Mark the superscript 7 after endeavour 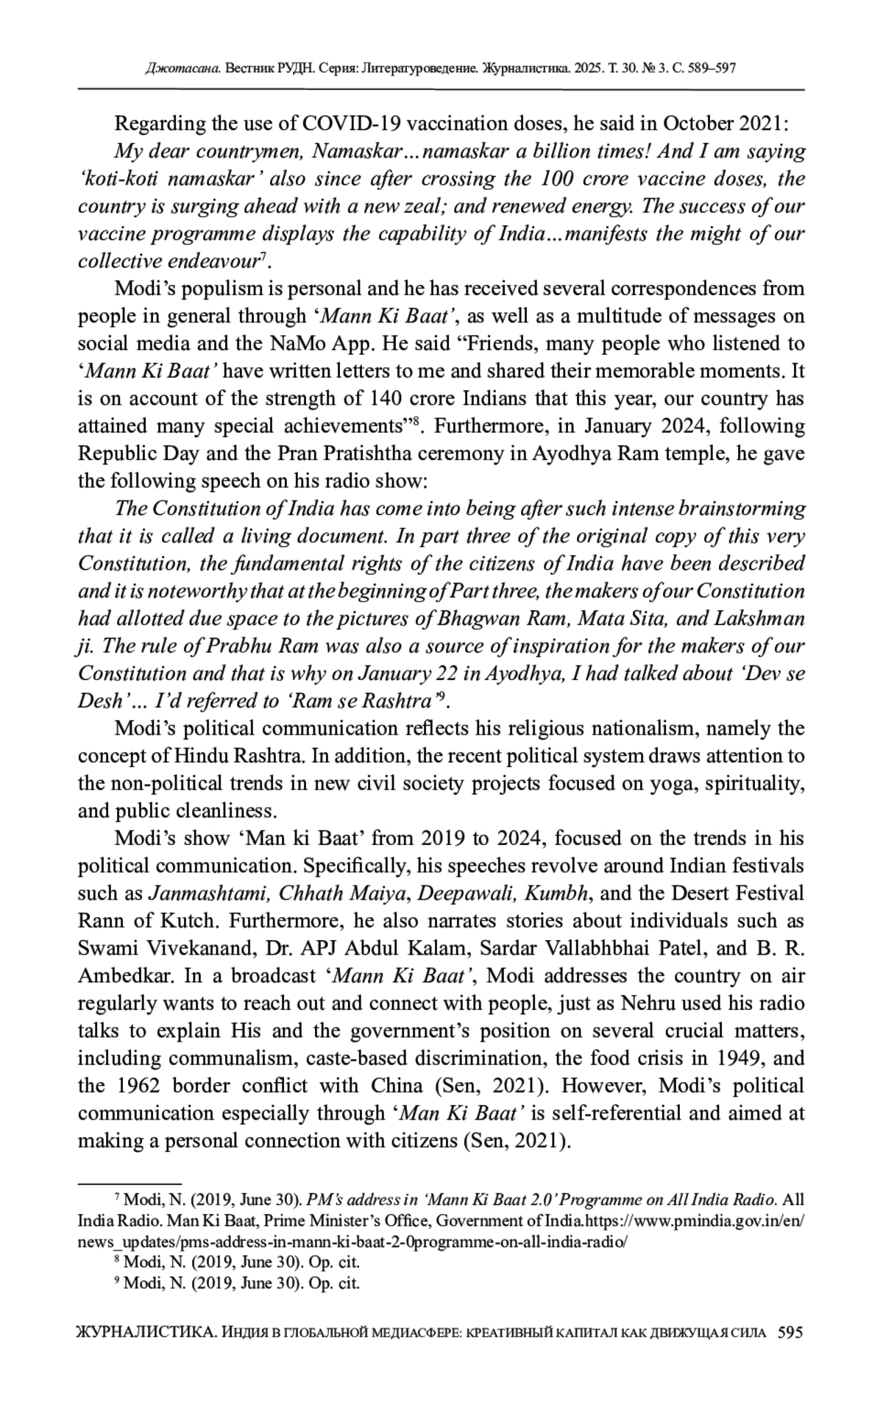(265, 256)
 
